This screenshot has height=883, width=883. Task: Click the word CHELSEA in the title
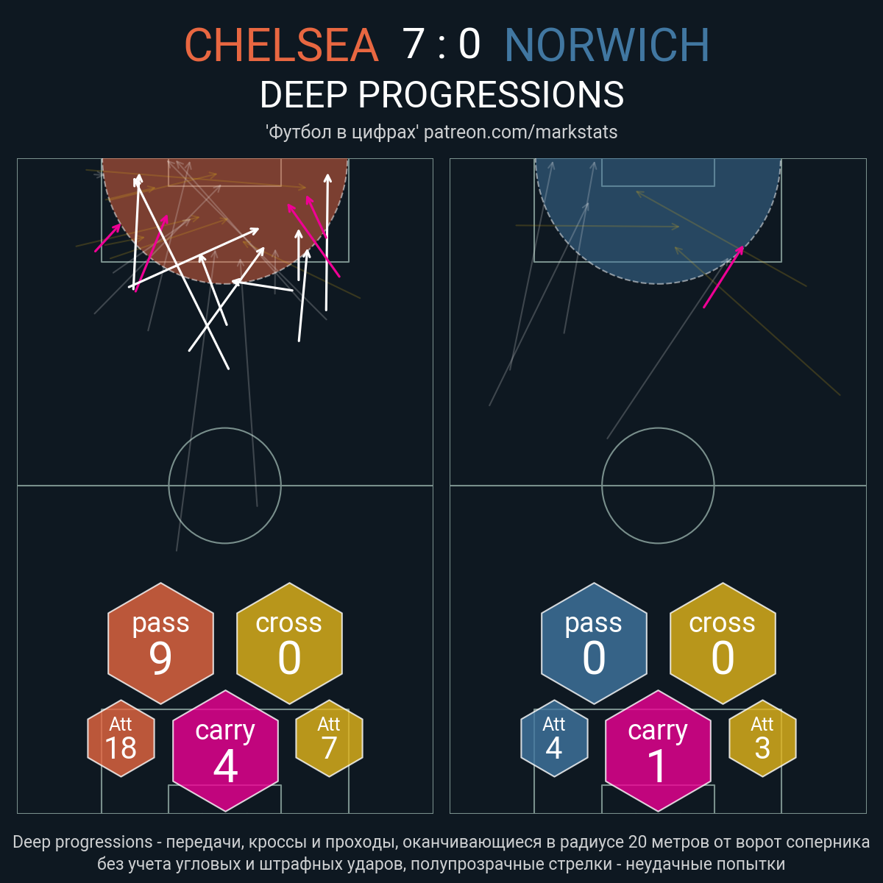pos(281,45)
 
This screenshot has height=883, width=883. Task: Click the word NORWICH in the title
pos(606,45)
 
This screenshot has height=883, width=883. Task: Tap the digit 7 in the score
pos(413,44)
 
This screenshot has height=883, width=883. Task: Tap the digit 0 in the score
pos(469,44)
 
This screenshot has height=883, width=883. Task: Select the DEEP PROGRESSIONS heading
pos(441,95)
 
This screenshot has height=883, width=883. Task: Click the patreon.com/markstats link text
pos(520,132)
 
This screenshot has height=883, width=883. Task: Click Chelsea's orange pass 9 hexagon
pos(160,643)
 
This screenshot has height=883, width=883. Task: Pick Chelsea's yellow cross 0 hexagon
pos(289,643)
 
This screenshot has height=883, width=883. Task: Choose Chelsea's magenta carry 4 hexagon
pos(225,751)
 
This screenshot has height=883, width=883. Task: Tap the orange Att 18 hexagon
pos(121,738)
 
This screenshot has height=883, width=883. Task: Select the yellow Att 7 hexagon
pos(329,738)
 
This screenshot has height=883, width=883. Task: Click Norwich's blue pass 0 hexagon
pos(594,643)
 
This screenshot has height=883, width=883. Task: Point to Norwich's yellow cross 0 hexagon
pos(723,643)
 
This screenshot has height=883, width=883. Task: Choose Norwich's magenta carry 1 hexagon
pos(658,751)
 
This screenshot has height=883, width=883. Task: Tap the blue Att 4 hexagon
pos(554,738)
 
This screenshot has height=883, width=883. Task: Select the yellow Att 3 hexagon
pos(762,738)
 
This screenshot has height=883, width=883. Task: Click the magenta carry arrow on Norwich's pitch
pos(723,277)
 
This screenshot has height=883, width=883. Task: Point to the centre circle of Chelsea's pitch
pos(225,428)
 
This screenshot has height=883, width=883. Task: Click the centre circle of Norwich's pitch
pos(658,428)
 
